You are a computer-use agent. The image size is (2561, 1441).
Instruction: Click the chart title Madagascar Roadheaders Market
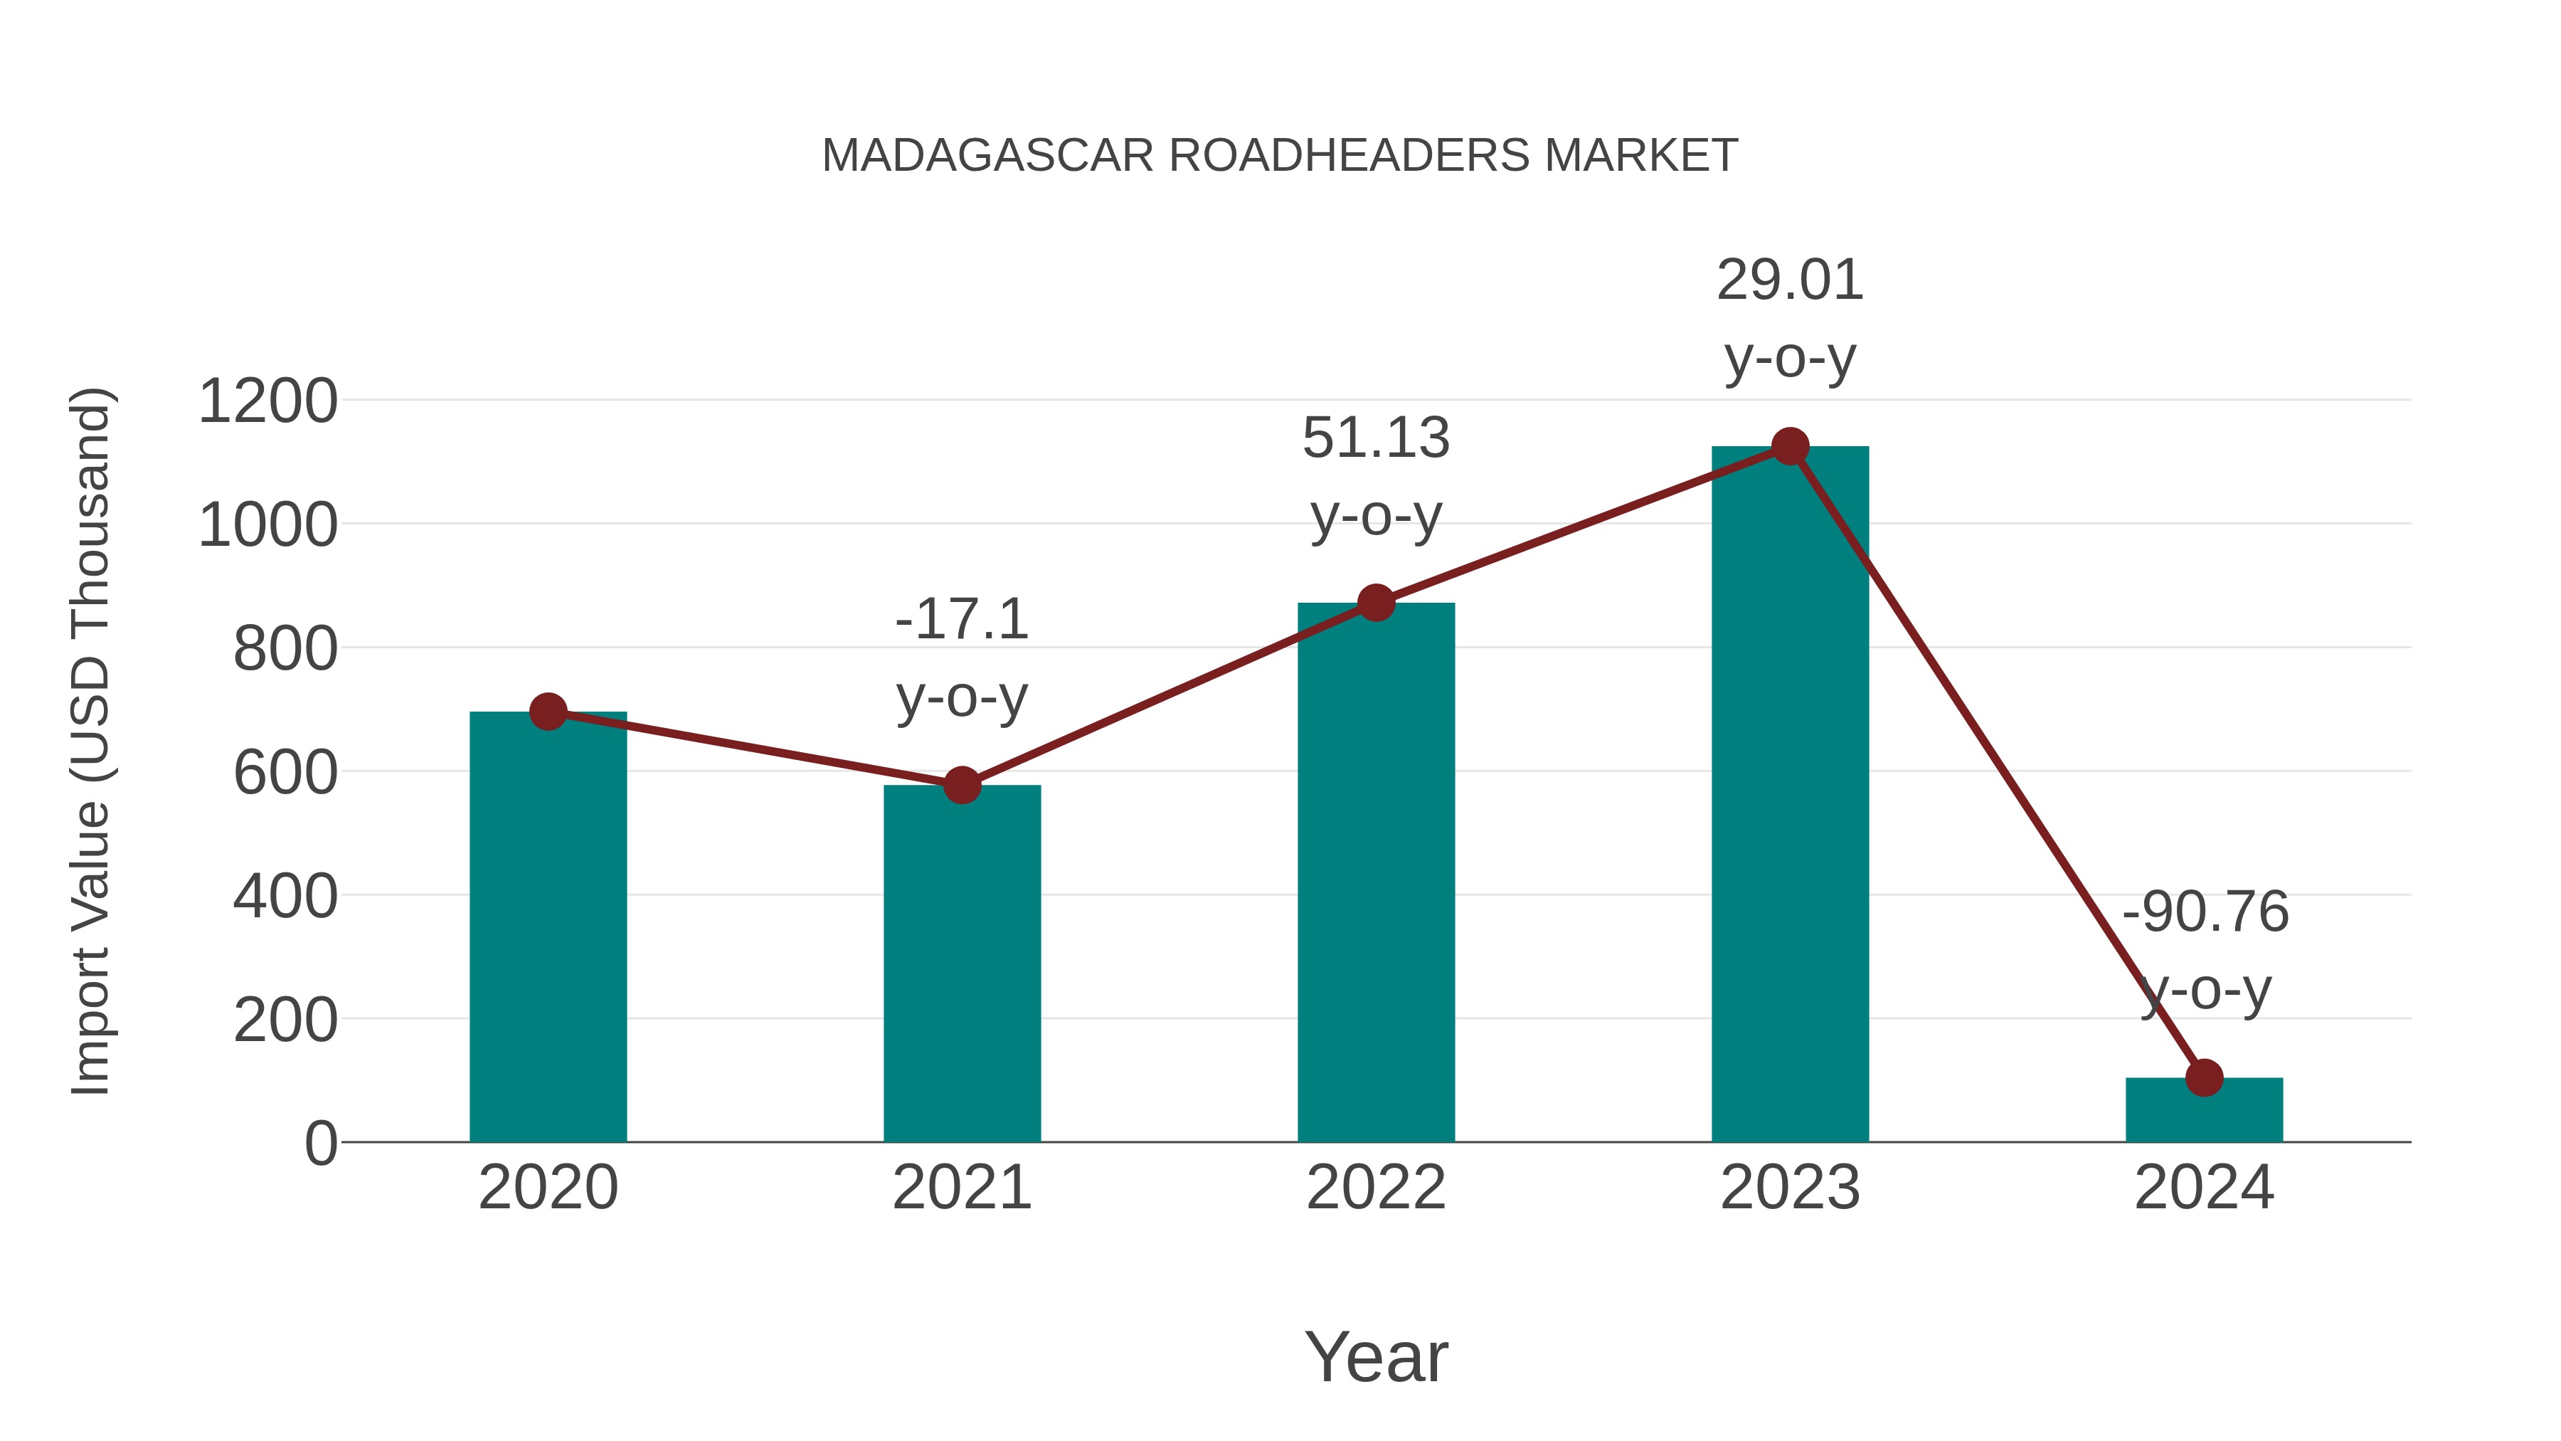pyautogui.click(x=1280, y=156)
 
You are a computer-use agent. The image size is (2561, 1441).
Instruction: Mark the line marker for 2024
pyautogui.click(x=2204, y=1077)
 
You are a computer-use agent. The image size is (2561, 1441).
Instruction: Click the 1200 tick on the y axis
pyautogui.click(x=267, y=402)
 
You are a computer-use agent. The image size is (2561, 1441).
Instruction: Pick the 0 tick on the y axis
pyautogui.click(x=321, y=1143)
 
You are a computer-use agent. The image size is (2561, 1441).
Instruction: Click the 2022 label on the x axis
pyautogui.click(x=1376, y=1188)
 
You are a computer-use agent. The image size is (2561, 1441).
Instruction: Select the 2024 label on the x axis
pyautogui.click(x=2204, y=1188)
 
